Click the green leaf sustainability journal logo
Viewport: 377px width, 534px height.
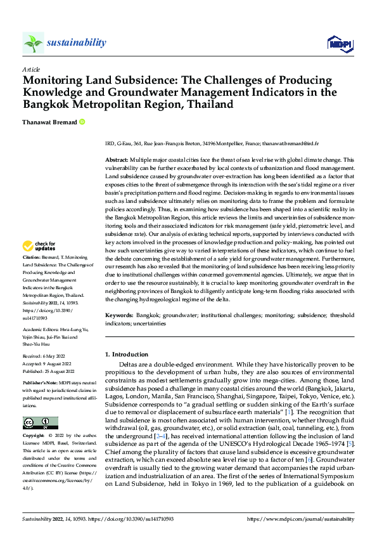coord(33,42)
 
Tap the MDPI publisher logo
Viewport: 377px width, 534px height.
coord(339,42)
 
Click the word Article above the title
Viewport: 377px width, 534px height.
coord(31,69)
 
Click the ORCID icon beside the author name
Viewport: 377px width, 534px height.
coord(82,122)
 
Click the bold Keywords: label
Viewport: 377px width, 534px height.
coord(119,315)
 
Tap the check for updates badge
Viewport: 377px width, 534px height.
coord(39,245)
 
